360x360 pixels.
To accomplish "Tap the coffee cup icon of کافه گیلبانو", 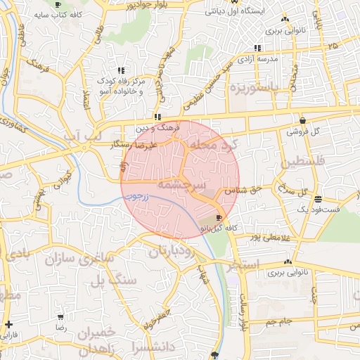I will [219, 218].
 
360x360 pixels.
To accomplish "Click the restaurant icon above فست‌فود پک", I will [319, 198].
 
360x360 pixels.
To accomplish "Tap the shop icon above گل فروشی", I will [302, 120].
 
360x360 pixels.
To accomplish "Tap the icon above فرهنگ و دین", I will [157, 117].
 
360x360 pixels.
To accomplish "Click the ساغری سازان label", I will [79, 259].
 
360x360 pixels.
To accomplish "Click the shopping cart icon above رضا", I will [58, 318].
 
